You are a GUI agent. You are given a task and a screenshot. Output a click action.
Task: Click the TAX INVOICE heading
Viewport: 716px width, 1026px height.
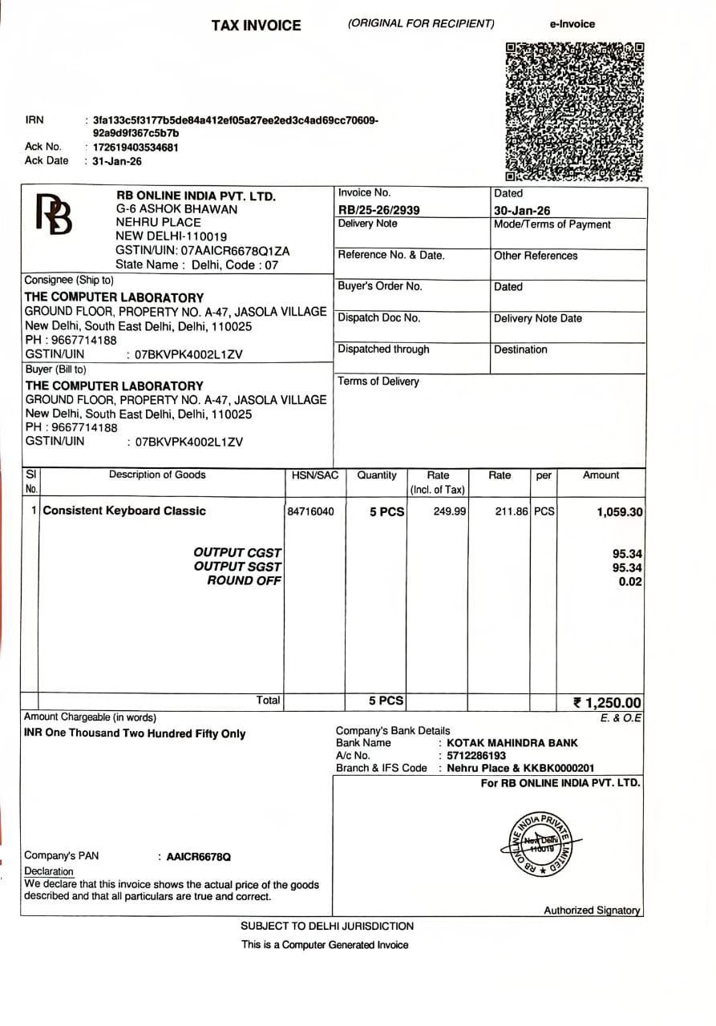(x=256, y=26)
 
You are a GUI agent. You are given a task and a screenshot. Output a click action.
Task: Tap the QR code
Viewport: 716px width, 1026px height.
(x=575, y=111)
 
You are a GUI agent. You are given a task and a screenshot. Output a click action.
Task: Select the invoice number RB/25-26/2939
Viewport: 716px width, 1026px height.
(x=379, y=210)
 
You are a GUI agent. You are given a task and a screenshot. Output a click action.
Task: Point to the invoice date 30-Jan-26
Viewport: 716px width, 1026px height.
(x=522, y=211)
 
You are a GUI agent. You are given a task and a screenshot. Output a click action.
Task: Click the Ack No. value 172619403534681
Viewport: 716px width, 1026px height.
(x=136, y=147)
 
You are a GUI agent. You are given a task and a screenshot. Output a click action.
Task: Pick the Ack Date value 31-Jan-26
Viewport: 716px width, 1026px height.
(x=117, y=161)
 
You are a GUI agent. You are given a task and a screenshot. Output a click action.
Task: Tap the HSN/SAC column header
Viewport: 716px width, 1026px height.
(x=314, y=475)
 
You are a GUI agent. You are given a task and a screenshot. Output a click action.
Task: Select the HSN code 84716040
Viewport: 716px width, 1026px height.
(x=310, y=511)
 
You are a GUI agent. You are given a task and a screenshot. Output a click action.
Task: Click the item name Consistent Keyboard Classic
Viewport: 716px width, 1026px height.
(x=124, y=511)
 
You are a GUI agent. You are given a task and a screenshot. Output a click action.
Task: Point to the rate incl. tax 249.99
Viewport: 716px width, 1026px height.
(x=450, y=511)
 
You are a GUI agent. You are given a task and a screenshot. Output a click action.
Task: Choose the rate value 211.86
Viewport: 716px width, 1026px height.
(x=511, y=511)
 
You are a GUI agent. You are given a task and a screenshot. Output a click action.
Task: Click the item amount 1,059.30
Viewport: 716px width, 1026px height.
(x=619, y=512)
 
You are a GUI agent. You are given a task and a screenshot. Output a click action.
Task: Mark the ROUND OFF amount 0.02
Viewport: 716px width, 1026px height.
(x=630, y=582)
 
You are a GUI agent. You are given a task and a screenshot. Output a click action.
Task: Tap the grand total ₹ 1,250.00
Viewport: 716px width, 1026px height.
(x=607, y=703)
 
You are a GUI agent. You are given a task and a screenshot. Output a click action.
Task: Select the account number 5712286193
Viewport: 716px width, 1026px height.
(x=476, y=756)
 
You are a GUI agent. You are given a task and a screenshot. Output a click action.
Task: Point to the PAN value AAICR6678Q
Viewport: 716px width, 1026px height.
(x=198, y=857)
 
